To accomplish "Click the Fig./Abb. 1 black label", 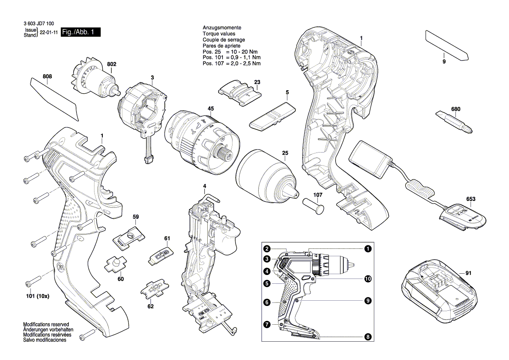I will [x=81, y=32].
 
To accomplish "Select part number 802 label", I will [x=111, y=65].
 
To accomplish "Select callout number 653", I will [x=470, y=199].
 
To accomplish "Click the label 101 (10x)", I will [x=37, y=296].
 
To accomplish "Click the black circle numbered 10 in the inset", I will [x=367, y=278].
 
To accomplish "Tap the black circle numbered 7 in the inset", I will [x=267, y=324].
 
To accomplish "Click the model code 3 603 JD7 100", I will [x=39, y=24].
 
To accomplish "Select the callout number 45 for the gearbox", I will [x=210, y=109].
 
